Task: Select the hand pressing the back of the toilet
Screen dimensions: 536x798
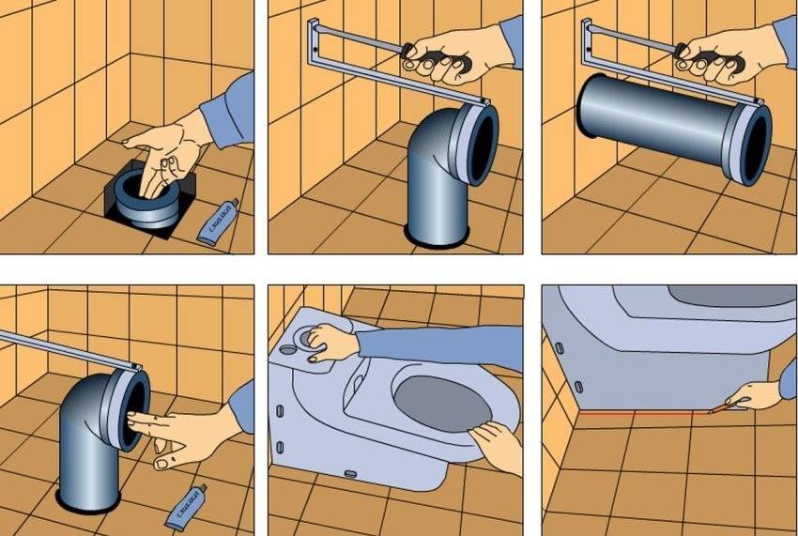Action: coord(328,342)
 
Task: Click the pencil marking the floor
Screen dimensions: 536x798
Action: coord(718,407)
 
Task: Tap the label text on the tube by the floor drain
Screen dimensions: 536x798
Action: coord(212,220)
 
